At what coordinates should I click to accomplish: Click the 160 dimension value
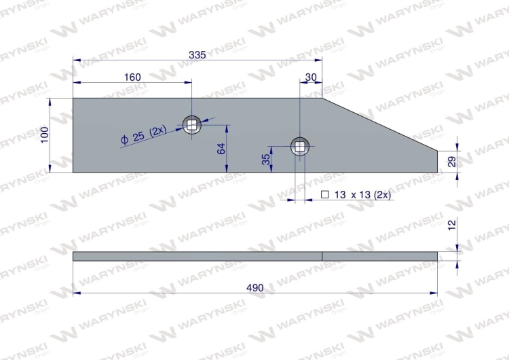(133, 77)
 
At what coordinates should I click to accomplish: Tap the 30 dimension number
(312, 77)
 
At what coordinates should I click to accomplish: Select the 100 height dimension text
(45, 134)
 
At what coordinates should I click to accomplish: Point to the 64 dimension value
(221, 149)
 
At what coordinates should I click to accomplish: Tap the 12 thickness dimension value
(453, 225)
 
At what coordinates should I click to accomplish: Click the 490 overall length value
(254, 287)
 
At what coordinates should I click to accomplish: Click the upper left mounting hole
(193, 124)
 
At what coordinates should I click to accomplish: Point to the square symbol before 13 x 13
(324, 195)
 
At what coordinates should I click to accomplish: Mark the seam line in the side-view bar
(322, 256)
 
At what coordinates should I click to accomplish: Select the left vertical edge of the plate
(73, 134)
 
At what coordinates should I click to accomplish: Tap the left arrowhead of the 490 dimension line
(76, 293)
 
